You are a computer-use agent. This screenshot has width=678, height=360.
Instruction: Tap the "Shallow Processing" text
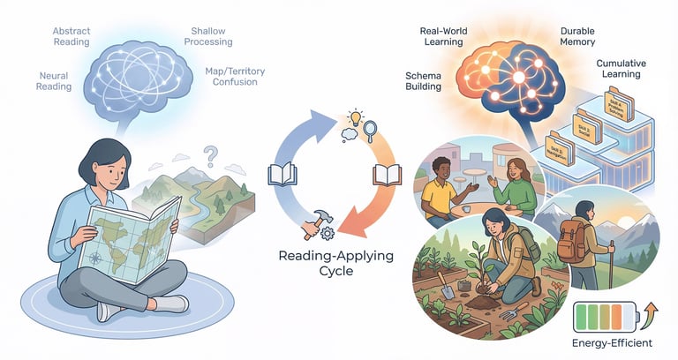coord(210,36)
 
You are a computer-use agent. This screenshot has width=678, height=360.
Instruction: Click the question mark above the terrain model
coord(210,157)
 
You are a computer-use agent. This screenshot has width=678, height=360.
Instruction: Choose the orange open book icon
coord(387,175)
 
